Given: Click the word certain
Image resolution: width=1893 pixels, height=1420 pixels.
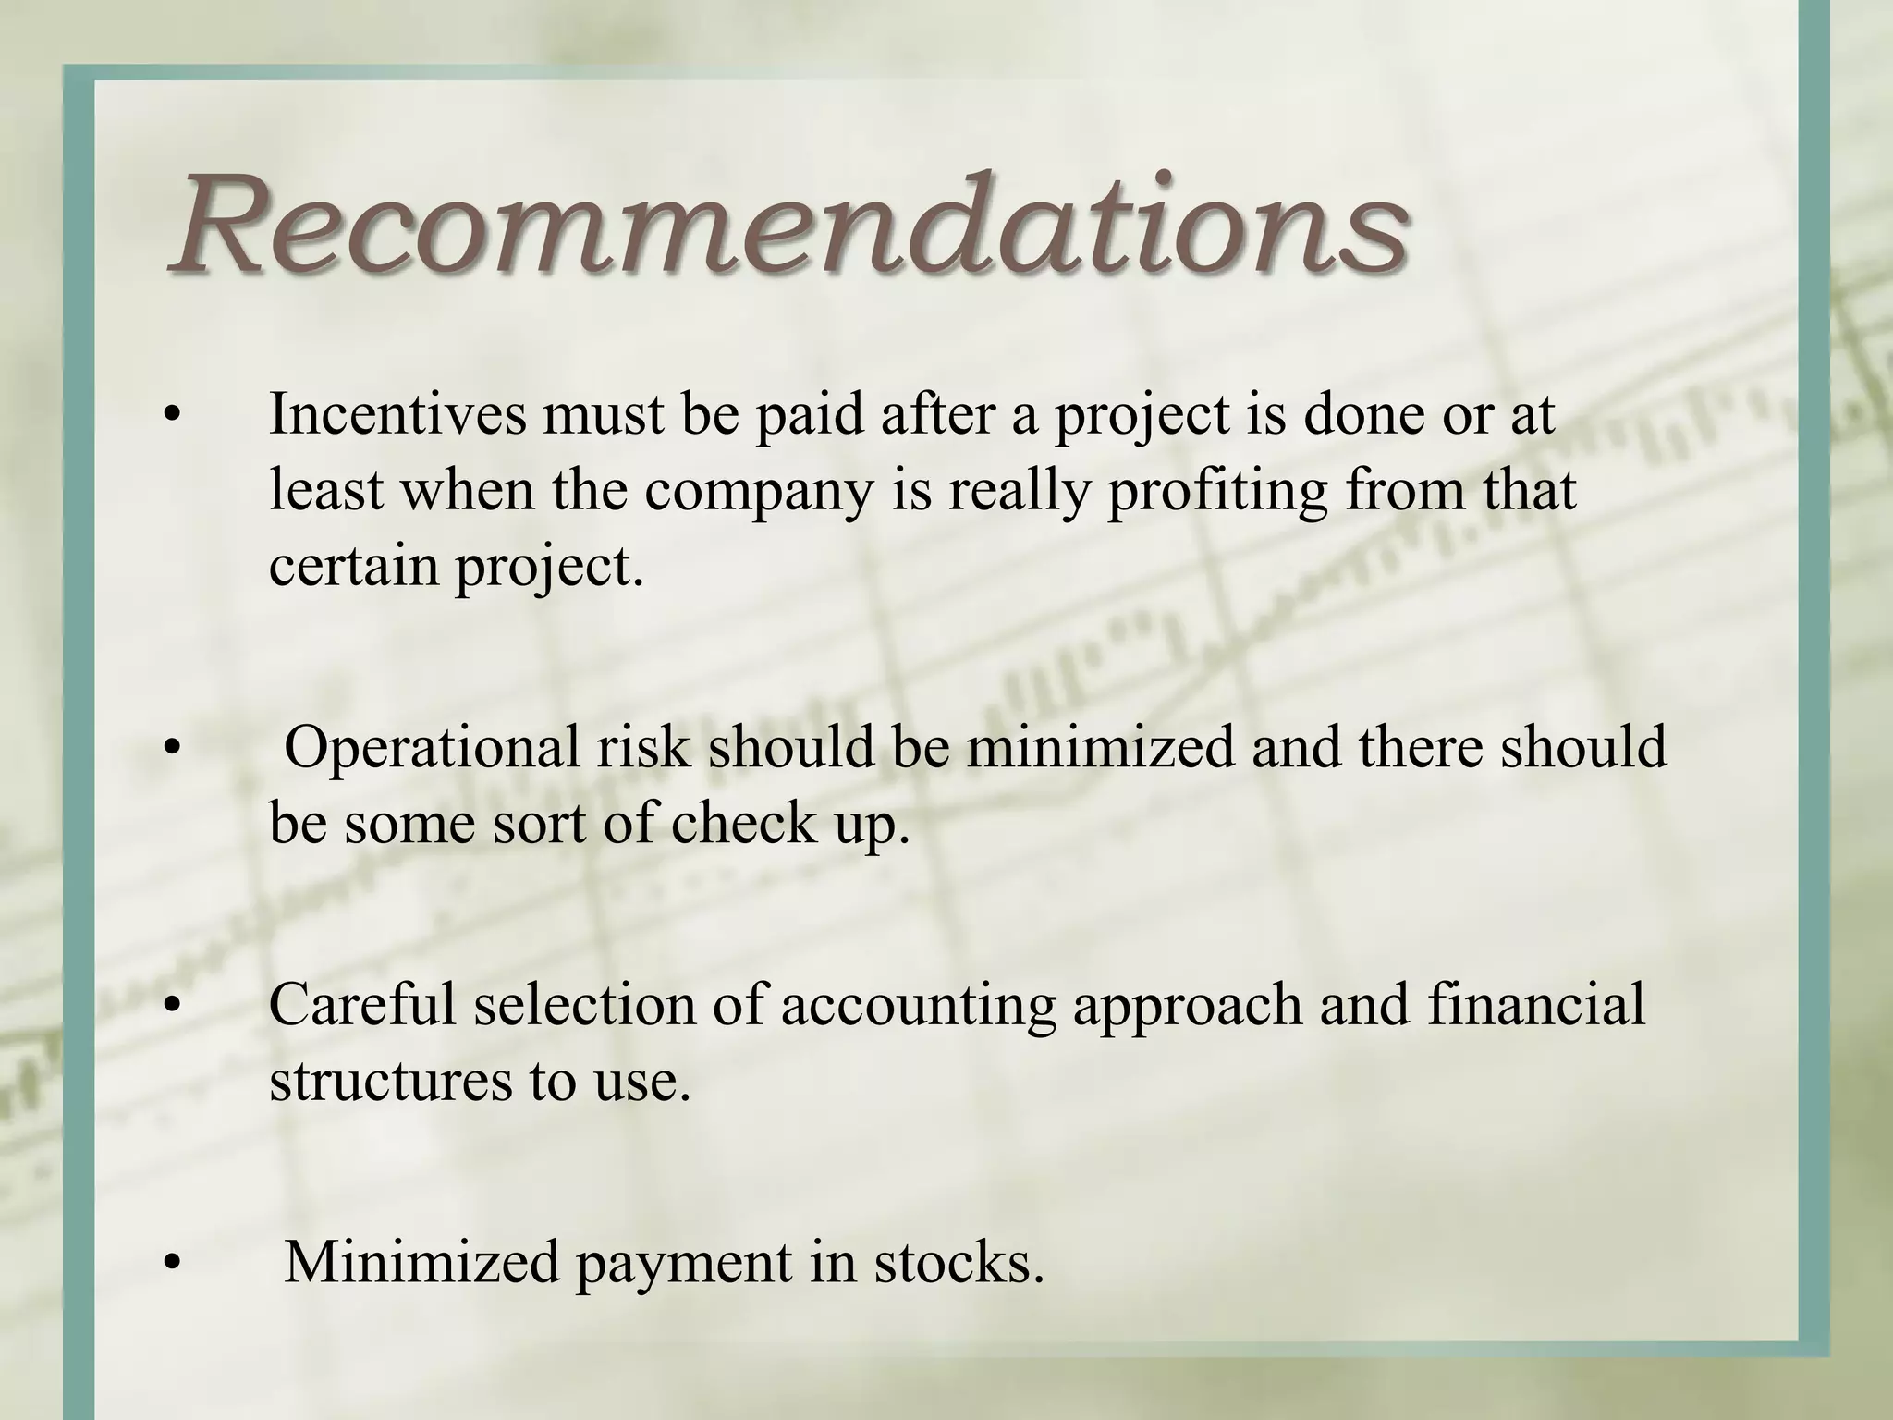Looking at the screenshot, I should (x=352, y=566).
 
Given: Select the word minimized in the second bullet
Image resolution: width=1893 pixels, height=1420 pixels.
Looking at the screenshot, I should (x=1100, y=747).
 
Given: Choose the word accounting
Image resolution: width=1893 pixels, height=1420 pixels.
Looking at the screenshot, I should (x=917, y=1006).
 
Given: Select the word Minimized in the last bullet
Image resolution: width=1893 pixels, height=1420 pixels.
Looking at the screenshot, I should (x=421, y=1261).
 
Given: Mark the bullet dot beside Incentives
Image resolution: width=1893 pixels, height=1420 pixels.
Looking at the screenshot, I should (x=169, y=416).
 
